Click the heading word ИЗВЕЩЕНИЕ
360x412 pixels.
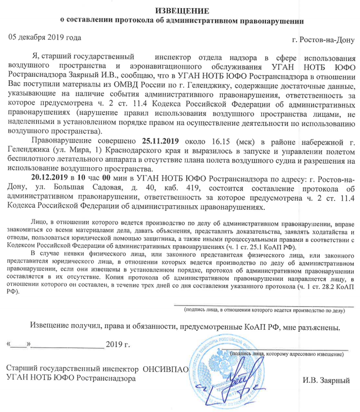[179, 10]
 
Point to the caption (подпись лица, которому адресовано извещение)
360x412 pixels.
[288, 354]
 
